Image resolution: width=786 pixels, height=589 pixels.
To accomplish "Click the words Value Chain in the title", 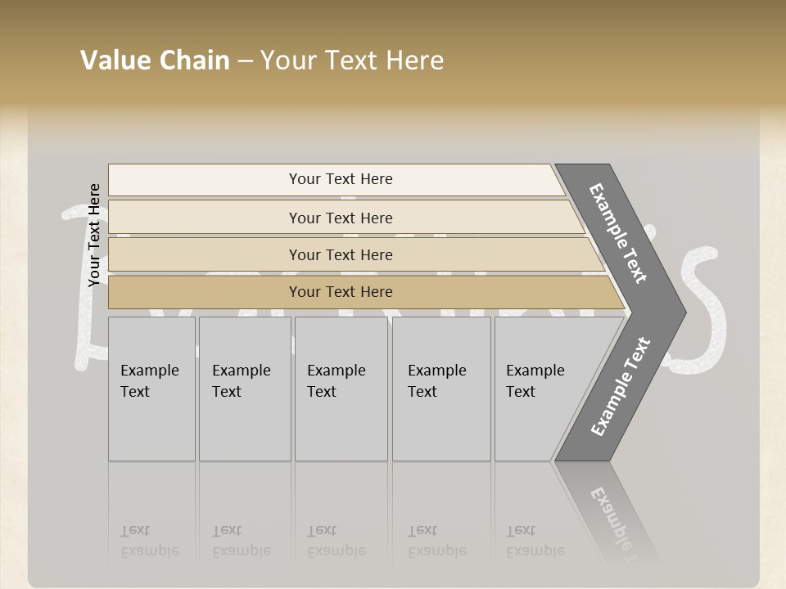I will click(155, 61).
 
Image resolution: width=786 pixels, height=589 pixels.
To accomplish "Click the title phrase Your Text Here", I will click(352, 61).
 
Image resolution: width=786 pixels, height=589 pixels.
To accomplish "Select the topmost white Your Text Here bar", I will click(340, 179).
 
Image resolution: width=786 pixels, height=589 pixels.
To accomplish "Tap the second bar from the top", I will click(340, 218).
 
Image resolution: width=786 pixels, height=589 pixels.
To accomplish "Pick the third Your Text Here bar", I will click(340, 254).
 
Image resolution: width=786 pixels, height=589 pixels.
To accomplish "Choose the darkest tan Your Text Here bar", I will click(340, 292).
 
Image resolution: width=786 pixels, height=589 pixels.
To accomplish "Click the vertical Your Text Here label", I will click(94, 235).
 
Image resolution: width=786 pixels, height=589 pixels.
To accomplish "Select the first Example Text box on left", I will click(151, 389).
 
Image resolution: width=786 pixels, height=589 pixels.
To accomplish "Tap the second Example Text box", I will click(244, 389).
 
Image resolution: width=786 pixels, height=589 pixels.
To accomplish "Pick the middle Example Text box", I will click(340, 389).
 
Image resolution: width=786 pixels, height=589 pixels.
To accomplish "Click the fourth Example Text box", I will click(440, 389).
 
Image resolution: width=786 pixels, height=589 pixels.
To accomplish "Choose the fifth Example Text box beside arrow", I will click(540, 389).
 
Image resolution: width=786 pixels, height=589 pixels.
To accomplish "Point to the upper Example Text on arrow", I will click(618, 234).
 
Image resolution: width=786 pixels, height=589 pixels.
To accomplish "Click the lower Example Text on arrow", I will click(621, 386).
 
